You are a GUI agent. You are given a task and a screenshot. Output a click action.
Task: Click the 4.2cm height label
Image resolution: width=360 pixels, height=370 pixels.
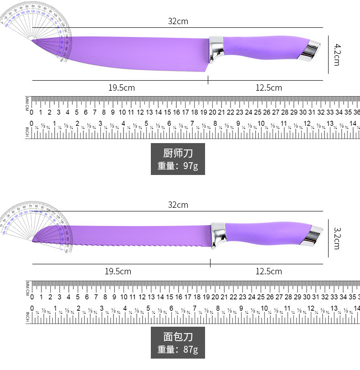click(x=337, y=54)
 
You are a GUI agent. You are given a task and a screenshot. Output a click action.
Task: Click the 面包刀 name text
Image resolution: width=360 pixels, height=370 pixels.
click(x=178, y=337)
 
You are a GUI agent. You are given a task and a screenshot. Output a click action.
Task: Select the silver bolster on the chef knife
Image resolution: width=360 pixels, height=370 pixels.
click(x=216, y=48)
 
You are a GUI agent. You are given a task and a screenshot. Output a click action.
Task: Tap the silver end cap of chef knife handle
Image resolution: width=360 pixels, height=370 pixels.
click(x=310, y=49)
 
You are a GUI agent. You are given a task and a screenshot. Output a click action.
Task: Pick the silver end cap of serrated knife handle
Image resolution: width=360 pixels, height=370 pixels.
click(x=312, y=235)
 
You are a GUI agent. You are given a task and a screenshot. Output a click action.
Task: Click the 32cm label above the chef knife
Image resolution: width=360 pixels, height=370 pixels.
click(x=178, y=21)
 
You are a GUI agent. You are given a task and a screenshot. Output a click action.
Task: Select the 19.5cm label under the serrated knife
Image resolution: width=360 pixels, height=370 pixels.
click(x=118, y=272)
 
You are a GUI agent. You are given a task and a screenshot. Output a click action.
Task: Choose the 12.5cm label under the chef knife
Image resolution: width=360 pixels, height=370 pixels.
click(x=268, y=88)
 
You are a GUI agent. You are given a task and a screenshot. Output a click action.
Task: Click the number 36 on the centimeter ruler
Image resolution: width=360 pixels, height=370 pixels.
click(x=357, y=113)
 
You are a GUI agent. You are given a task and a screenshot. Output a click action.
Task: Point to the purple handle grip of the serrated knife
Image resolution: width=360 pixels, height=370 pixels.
click(x=262, y=234)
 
